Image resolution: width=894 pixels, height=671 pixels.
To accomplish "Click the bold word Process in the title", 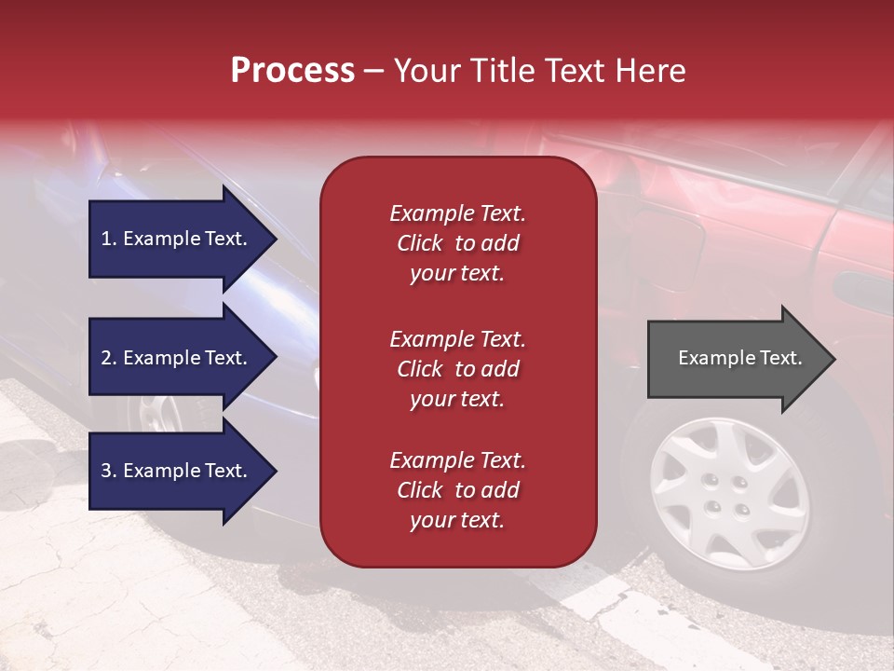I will click(x=292, y=71).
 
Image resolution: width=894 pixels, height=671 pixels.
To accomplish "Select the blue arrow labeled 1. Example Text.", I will click(x=177, y=239).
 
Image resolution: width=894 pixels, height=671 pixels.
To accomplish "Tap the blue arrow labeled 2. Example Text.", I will click(x=177, y=358).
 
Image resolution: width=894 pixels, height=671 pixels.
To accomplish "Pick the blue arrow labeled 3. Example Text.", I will click(x=177, y=471).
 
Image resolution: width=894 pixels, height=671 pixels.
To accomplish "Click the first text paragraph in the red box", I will click(x=457, y=243).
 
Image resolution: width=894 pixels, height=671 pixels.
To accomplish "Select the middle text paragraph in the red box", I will click(x=457, y=369).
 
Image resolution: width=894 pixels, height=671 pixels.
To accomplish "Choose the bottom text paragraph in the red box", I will click(x=457, y=490).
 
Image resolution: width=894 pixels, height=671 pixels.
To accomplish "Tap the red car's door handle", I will click(x=861, y=285).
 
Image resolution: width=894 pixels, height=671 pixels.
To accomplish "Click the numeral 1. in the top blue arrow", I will click(x=109, y=239).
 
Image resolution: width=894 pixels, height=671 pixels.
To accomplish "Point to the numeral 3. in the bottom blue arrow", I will click(x=109, y=471).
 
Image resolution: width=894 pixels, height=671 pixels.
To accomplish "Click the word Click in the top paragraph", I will click(x=420, y=243).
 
